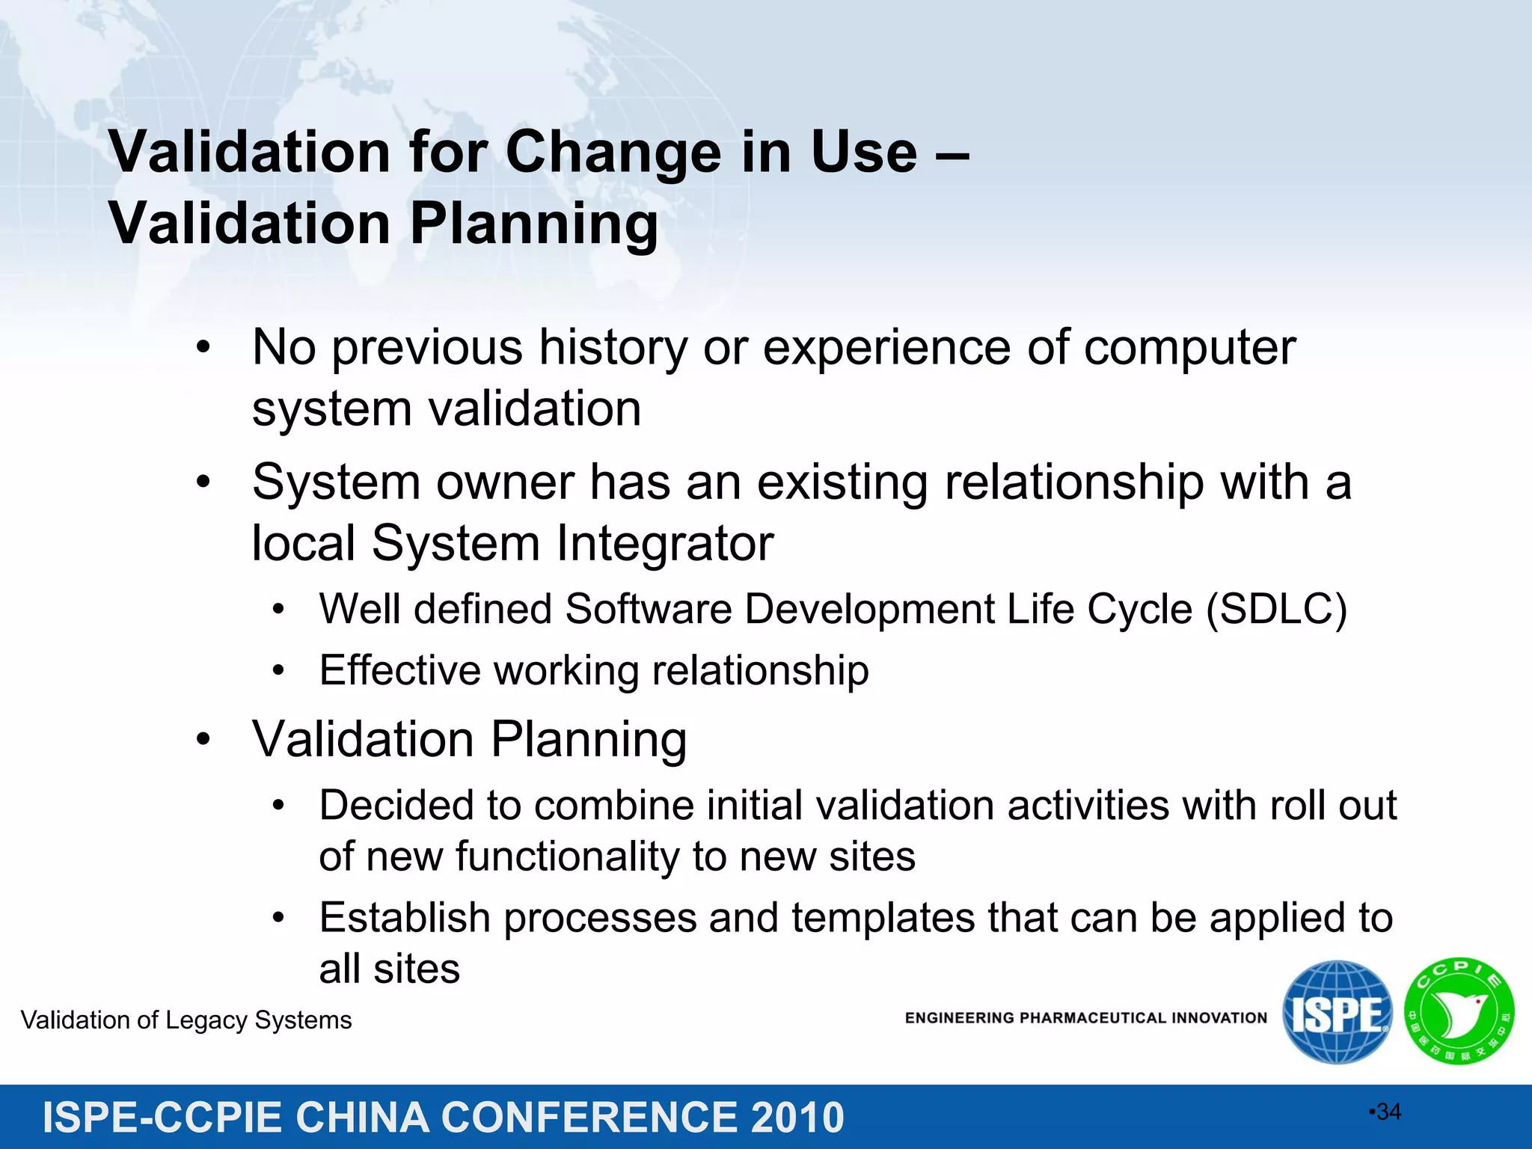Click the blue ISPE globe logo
tap(1337, 1014)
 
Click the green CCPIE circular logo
tap(1459, 1012)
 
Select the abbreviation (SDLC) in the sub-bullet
tap(1276, 609)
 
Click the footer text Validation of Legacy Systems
tap(186, 1020)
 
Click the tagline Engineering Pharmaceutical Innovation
tap(1085, 1018)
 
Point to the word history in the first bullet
tap(613, 348)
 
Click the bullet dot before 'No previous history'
tap(203, 349)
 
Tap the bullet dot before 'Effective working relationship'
tap(278, 671)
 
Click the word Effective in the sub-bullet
tap(399, 670)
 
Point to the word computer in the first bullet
tap(1189, 348)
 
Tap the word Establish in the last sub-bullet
tap(404, 918)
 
